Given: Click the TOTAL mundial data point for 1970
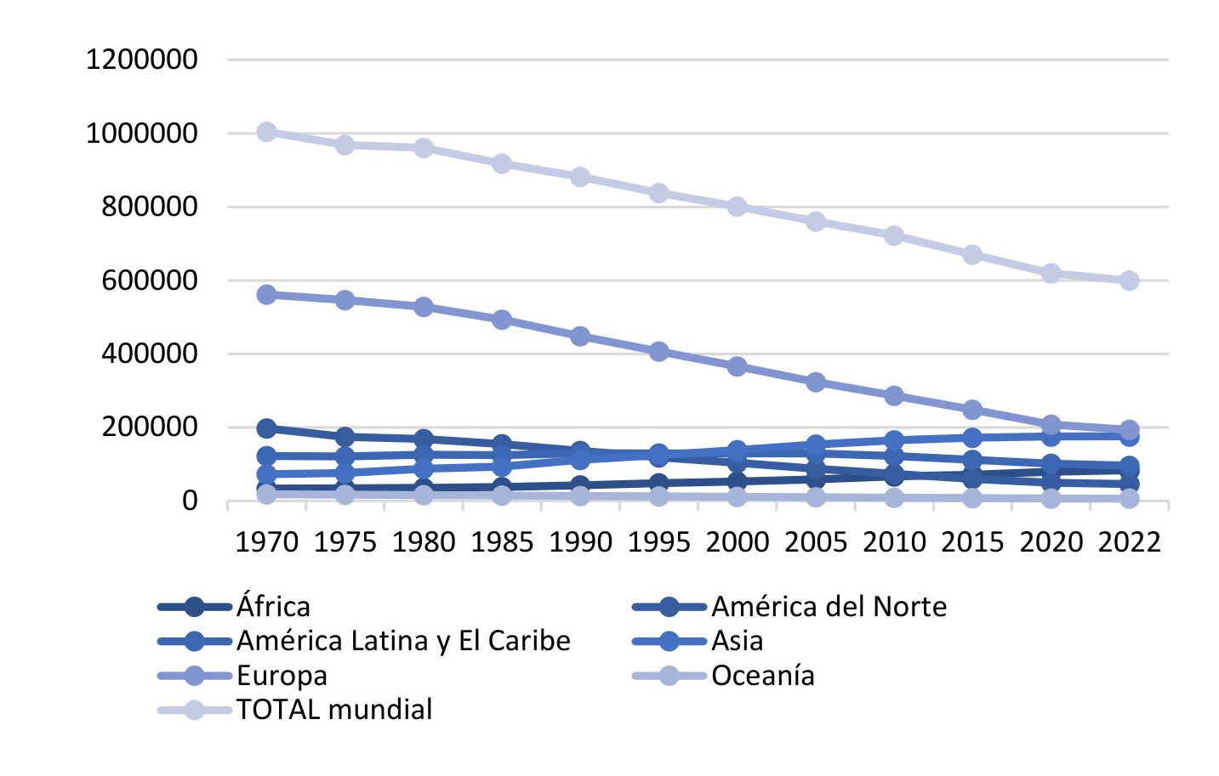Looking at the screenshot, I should (x=266, y=132).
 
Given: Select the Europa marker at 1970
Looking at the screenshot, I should (x=266, y=295).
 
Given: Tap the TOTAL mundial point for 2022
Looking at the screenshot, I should (x=1129, y=280).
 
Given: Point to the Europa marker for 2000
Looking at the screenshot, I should (x=737, y=366).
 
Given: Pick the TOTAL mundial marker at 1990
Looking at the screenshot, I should (x=580, y=177).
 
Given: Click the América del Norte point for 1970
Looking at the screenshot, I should (x=266, y=428).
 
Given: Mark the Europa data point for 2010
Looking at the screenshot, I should (x=894, y=396).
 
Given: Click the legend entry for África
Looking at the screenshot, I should (x=273, y=607).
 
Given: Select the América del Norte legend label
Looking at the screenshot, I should (x=829, y=607).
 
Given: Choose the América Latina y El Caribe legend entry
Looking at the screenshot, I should (x=403, y=641).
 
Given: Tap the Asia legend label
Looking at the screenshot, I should (x=737, y=641).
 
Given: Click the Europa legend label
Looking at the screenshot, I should (x=282, y=676).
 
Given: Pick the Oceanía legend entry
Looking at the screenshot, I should (x=762, y=676).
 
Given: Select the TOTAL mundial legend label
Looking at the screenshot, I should (x=334, y=710).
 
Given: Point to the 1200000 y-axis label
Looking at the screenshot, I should (x=142, y=59).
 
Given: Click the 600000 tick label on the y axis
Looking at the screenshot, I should (x=150, y=280).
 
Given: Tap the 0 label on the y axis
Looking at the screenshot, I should (x=189, y=501).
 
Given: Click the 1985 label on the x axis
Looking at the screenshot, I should (x=502, y=542).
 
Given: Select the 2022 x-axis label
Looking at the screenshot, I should (x=1129, y=542).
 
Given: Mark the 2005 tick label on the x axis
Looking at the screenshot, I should (x=816, y=542).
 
